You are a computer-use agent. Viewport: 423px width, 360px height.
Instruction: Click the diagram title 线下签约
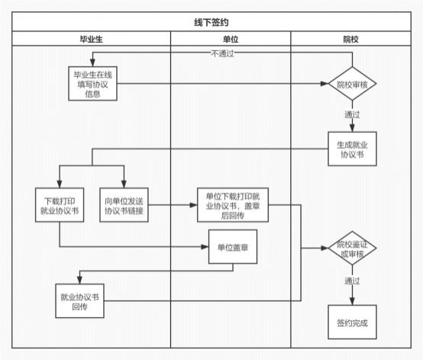(211, 22)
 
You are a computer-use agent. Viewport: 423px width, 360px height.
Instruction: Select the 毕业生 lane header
(91, 40)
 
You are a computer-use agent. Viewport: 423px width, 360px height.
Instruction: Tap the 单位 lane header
(231, 40)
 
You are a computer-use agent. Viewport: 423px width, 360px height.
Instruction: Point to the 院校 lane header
(350, 40)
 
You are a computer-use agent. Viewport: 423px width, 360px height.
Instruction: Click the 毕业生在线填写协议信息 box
(92, 84)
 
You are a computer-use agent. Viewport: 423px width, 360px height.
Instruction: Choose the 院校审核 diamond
(352, 84)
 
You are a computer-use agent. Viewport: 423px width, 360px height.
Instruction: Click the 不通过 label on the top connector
(222, 53)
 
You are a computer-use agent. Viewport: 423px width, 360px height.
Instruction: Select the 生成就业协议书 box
(352, 149)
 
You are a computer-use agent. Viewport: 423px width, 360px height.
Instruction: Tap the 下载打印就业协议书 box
(60, 205)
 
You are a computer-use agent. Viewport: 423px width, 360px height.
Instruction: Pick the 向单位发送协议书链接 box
(124, 205)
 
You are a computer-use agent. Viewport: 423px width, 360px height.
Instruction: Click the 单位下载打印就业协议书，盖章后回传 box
(233, 205)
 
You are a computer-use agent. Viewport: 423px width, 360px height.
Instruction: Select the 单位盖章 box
(233, 247)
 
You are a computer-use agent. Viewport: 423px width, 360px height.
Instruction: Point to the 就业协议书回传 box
(79, 301)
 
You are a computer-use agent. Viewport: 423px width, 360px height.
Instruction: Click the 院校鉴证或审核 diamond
(352, 248)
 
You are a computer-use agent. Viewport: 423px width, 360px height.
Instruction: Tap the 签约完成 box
(352, 323)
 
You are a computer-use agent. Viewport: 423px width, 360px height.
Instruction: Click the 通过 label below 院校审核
(352, 114)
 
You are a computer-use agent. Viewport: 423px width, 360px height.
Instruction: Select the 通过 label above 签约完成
(352, 281)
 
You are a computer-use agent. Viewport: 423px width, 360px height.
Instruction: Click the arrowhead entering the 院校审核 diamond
(325, 84)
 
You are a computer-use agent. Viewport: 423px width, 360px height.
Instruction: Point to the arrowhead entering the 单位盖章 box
(205, 247)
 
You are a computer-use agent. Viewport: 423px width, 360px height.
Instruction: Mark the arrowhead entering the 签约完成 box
(352, 301)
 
